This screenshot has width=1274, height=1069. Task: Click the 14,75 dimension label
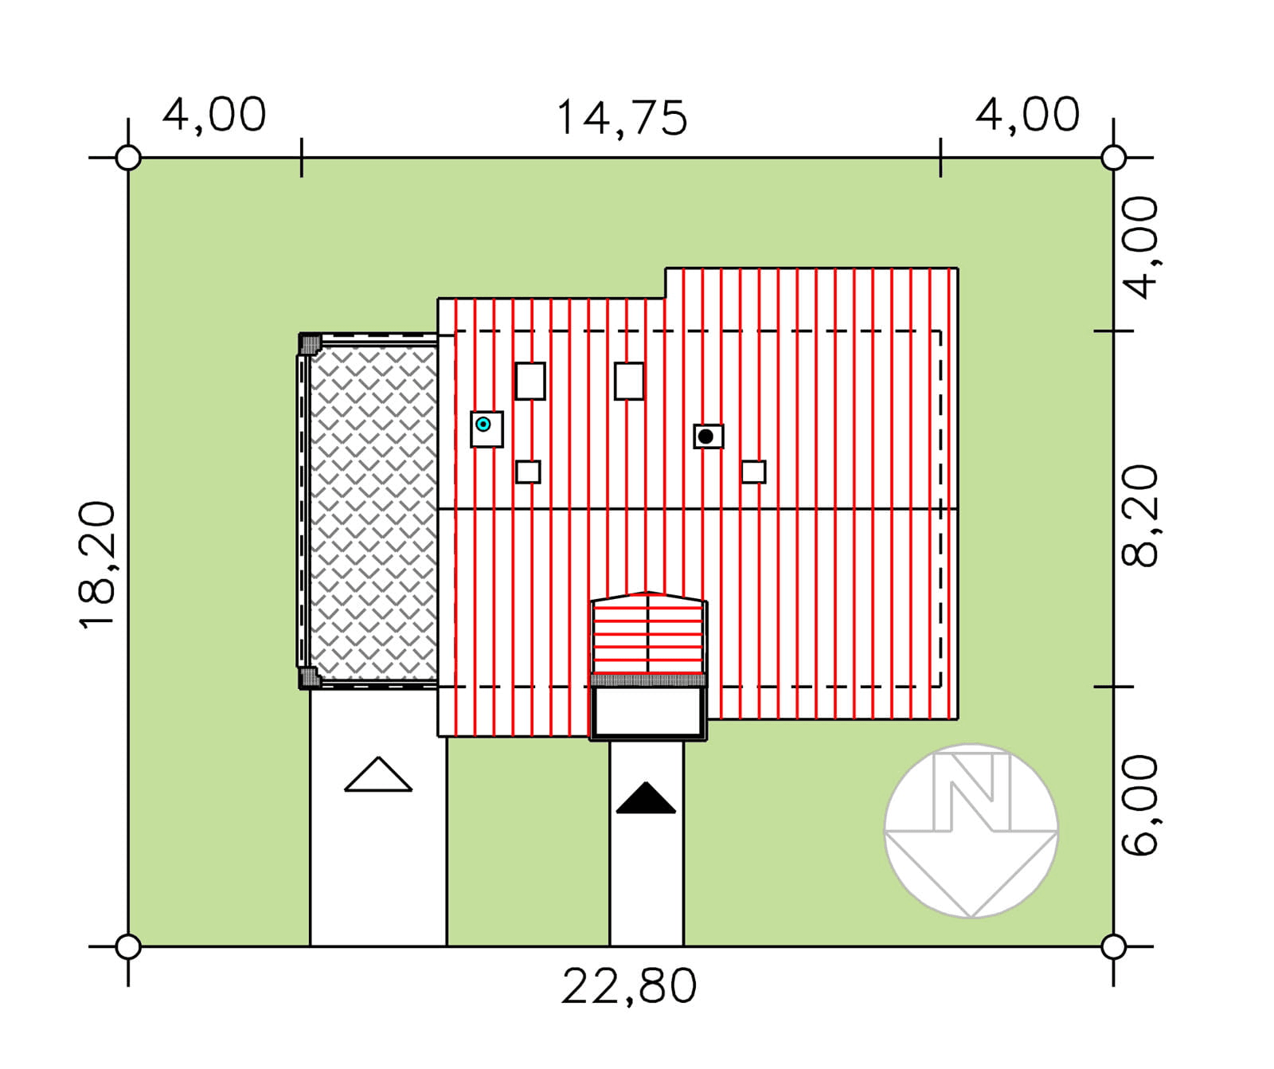[621, 118]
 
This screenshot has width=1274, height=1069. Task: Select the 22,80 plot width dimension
[629, 986]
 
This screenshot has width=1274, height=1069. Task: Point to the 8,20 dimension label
[1139, 515]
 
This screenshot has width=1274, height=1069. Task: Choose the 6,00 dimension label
[1139, 805]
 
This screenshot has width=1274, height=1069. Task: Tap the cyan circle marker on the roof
[483, 425]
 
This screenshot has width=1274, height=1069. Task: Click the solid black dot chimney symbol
[705, 437]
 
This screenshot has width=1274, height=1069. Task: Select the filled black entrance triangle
[646, 799]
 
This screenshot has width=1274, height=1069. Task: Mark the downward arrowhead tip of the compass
[971, 917]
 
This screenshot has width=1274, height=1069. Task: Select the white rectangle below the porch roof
[648, 712]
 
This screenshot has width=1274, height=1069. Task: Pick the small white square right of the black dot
[753, 472]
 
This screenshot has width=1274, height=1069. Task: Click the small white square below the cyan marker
[528, 472]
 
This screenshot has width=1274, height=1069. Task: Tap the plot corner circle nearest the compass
[1113, 946]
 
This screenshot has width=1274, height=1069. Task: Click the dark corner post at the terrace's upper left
[310, 344]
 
